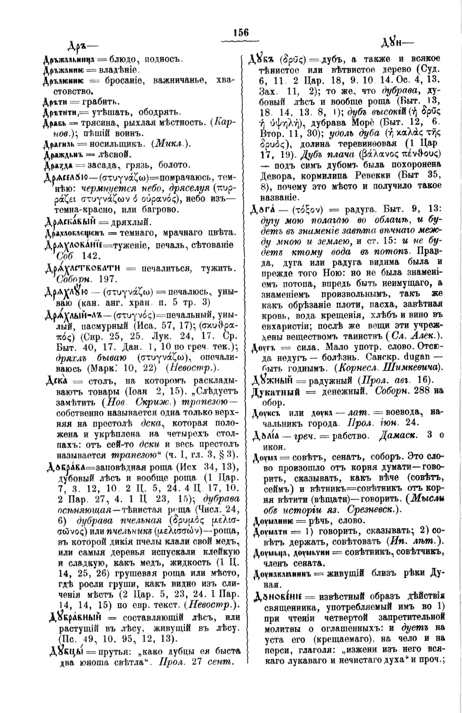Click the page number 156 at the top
click(241, 32)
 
